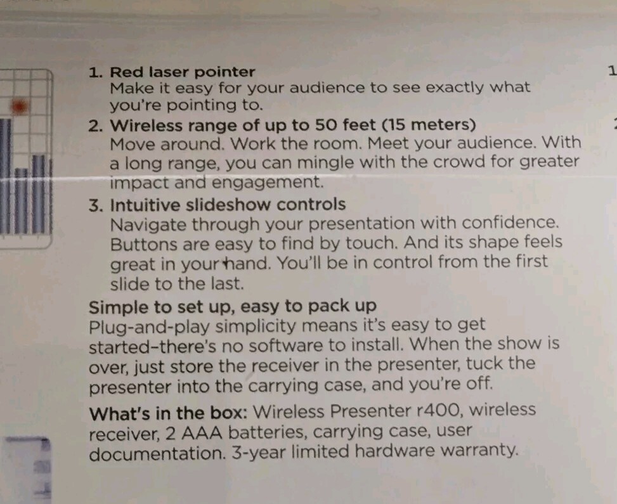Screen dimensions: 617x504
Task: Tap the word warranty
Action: tap(479, 451)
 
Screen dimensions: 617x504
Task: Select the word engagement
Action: tap(268, 183)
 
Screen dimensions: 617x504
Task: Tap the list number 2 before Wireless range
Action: tap(96, 126)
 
